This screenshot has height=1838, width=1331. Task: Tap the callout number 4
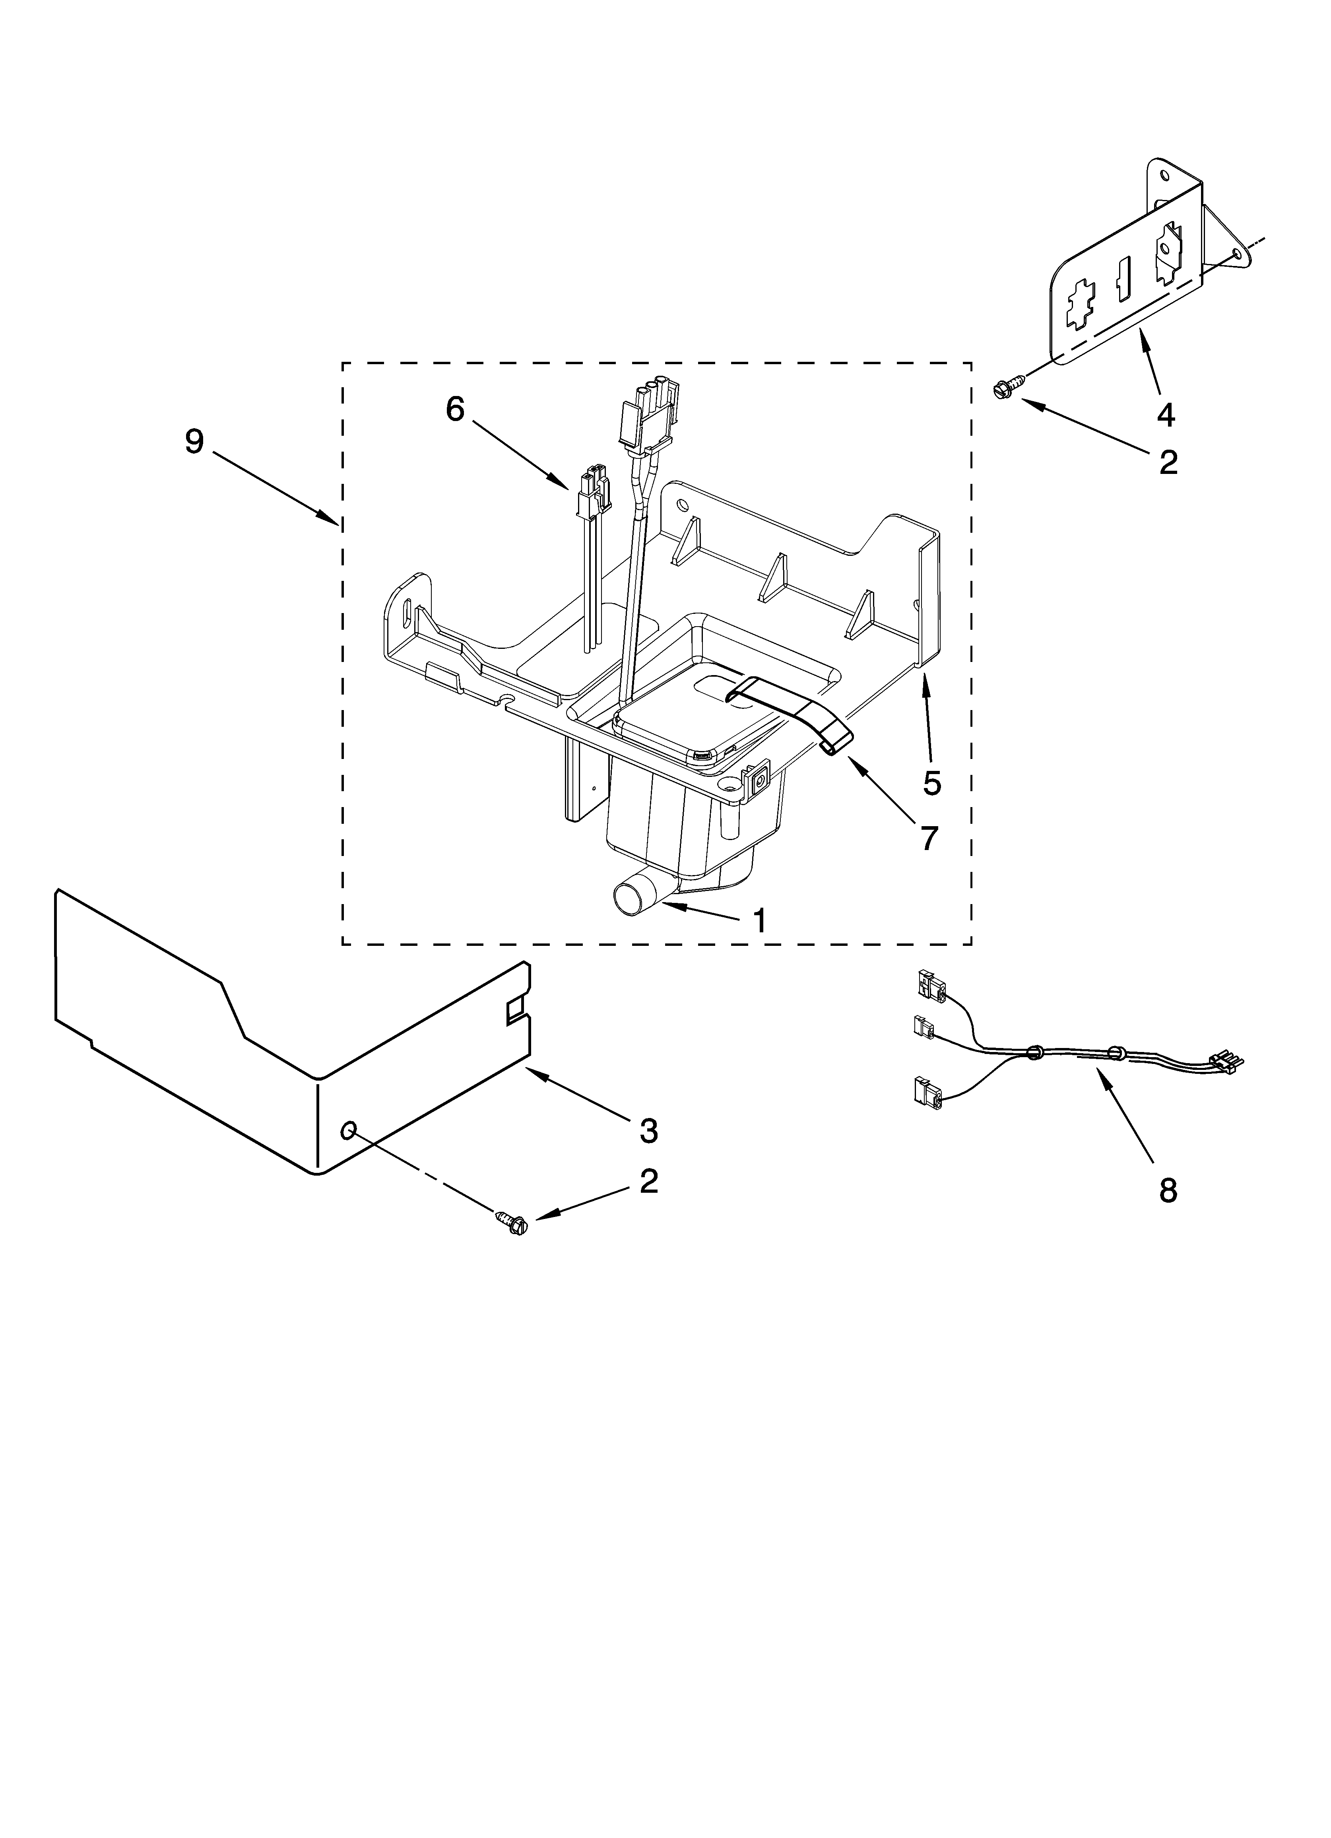click(1165, 415)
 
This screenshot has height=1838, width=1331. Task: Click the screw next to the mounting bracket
click(1004, 390)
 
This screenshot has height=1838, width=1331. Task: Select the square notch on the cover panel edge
click(514, 1011)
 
